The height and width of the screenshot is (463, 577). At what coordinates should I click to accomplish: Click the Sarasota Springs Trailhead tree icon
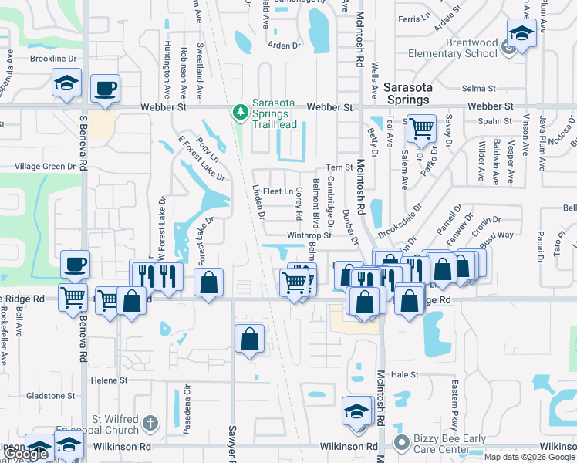(241, 113)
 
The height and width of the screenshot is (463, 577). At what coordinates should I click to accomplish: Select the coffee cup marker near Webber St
(104, 88)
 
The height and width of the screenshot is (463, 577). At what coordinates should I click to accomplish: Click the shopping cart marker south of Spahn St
(420, 128)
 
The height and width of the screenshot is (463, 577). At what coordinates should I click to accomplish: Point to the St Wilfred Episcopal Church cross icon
(150, 423)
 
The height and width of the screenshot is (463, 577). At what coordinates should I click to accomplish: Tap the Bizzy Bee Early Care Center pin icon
(400, 444)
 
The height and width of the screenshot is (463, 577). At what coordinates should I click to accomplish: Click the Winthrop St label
(309, 235)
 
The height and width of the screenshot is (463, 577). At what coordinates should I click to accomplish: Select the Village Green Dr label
(43, 167)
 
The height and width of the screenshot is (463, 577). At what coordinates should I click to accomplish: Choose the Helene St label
(109, 380)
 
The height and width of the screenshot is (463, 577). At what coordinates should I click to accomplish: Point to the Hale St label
(403, 374)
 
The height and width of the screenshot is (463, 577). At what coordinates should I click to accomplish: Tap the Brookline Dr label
(53, 59)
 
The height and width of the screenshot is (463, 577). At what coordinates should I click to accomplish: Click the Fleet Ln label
(278, 191)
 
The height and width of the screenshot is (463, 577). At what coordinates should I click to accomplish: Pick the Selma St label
(478, 89)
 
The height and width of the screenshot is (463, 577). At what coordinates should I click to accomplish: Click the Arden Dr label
(283, 46)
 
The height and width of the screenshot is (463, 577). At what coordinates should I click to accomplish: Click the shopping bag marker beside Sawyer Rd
(249, 338)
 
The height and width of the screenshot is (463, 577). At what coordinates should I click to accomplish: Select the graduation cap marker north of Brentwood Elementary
(521, 34)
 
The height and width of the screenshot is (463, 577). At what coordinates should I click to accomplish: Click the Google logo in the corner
(25, 454)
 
